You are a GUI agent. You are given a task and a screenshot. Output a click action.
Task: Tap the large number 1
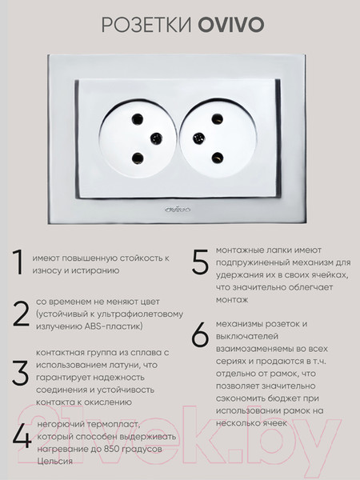pyautogui.click(x=17, y=263)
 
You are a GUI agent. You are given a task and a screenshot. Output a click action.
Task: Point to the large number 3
pyautogui.click(x=20, y=373)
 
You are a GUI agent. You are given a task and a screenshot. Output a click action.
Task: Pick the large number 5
pyautogui.click(x=200, y=262)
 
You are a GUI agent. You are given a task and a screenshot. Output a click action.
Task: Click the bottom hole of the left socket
pyautogui.click(x=138, y=157)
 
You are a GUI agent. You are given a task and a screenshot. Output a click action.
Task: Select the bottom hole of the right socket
pyautogui.click(x=216, y=156)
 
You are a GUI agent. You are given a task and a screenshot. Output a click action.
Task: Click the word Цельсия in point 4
pyautogui.click(x=54, y=461)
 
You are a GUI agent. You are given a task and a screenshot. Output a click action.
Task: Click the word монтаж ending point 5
pyautogui.click(x=232, y=299)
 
